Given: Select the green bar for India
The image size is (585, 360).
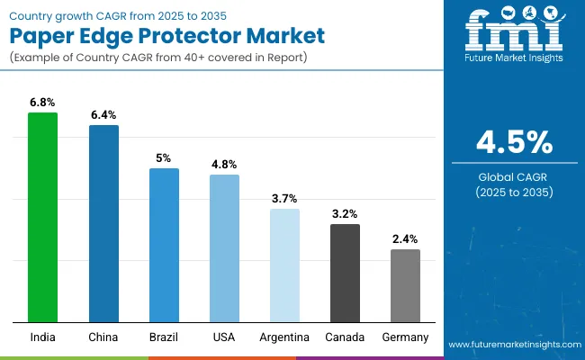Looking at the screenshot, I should [x=42, y=217].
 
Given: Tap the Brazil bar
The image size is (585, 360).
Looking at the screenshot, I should [x=164, y=245].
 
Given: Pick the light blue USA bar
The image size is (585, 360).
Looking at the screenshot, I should [x=224, y=248].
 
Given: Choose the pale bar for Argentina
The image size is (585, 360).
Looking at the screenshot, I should [x=285, y=265].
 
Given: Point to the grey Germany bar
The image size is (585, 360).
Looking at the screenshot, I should [x=405, y=285].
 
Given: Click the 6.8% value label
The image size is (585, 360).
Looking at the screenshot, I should [x=42, y=103].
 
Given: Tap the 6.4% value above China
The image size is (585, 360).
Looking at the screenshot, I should [x=103, y=115].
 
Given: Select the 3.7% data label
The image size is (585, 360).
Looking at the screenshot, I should [x=285, y=198].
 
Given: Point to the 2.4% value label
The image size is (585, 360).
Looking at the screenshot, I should [x=405, y=239].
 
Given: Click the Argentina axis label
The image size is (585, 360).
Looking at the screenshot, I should [x=285, y=337].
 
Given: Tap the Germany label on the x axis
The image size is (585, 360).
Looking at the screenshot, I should [x=405, y=337].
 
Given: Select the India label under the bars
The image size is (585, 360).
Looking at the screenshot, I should [x=42, y=337].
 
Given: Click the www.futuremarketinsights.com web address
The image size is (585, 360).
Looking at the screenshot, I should [x=513, y=345].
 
